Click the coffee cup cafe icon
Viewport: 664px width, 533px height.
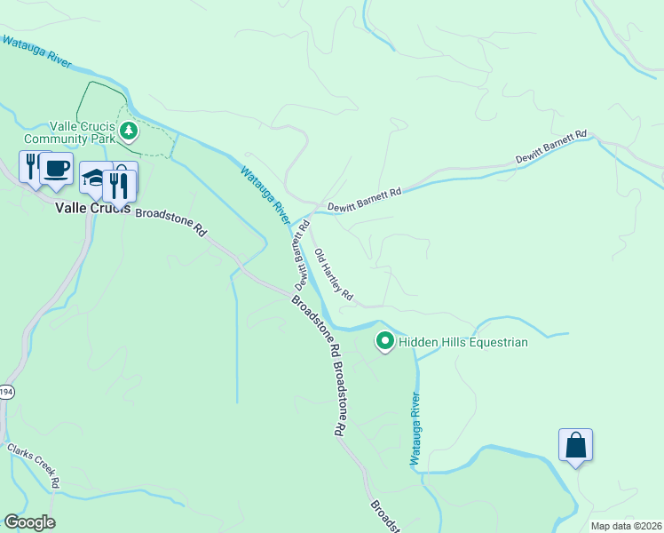(x=57, y=169)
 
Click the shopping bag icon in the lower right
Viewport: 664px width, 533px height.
(x=575, y=445)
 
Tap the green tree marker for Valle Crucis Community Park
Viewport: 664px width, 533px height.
(x=130, y=132)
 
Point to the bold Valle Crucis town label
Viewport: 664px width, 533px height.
(x=92, y=209)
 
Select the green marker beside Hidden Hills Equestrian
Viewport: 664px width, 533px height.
(x=385, y=341)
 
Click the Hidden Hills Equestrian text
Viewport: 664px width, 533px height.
(x=463, y=342)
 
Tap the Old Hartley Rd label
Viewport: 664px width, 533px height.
(x=335, y=274)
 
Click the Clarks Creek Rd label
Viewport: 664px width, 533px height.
(x=34, y=465)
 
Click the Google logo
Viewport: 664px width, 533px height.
(x=29, y=522)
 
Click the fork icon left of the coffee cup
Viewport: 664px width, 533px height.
(x=30, y=166)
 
